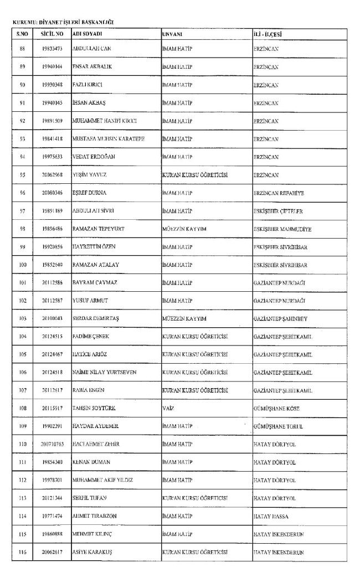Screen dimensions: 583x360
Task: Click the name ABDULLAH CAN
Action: (x=92, y=49)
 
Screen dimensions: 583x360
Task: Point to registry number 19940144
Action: (x=52, y=67)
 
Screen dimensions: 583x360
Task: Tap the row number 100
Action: (x=23, y=265)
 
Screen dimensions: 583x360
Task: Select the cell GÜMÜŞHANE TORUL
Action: (x=278, y=427)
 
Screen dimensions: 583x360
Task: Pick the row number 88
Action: (x=23, y=49)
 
